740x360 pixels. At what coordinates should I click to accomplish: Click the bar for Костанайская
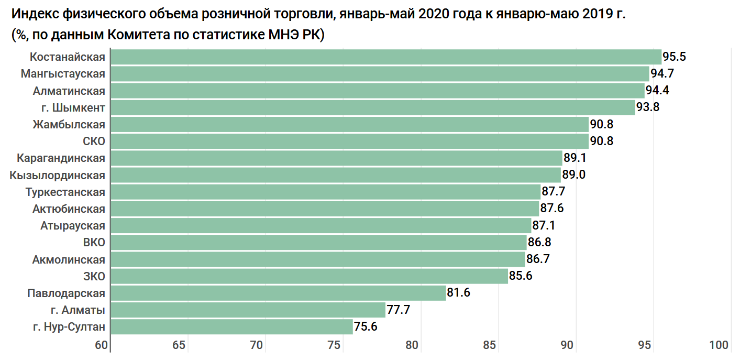tap(386, 57)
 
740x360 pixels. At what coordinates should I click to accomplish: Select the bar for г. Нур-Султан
tap(232, 327)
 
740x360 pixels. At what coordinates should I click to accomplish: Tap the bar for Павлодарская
tap(278, 293)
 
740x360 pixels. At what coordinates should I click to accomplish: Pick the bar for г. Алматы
tap(248, 310)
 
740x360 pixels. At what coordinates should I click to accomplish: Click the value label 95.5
tap(674, 57)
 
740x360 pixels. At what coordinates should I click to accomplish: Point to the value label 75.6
tap(366, 327)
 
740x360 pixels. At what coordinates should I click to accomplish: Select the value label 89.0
tap(573, 175)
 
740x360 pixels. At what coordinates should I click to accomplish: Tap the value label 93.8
tap(648, 107)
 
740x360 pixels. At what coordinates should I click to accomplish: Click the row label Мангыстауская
tap(63, 74)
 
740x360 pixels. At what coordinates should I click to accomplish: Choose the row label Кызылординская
tap(57, 175)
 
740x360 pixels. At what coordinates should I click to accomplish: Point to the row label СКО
tap(94, 141)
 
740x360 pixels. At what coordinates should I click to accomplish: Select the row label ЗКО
tap(94, 276)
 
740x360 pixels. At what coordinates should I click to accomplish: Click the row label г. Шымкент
tap(74, 107)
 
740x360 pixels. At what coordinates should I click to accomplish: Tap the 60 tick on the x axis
tap(102, 345)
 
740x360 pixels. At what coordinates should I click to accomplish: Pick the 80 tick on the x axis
tap(412, 345)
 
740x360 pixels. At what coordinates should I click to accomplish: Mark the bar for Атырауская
tap(321, 226)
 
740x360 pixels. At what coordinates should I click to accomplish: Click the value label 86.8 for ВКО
tap(539, 243)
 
